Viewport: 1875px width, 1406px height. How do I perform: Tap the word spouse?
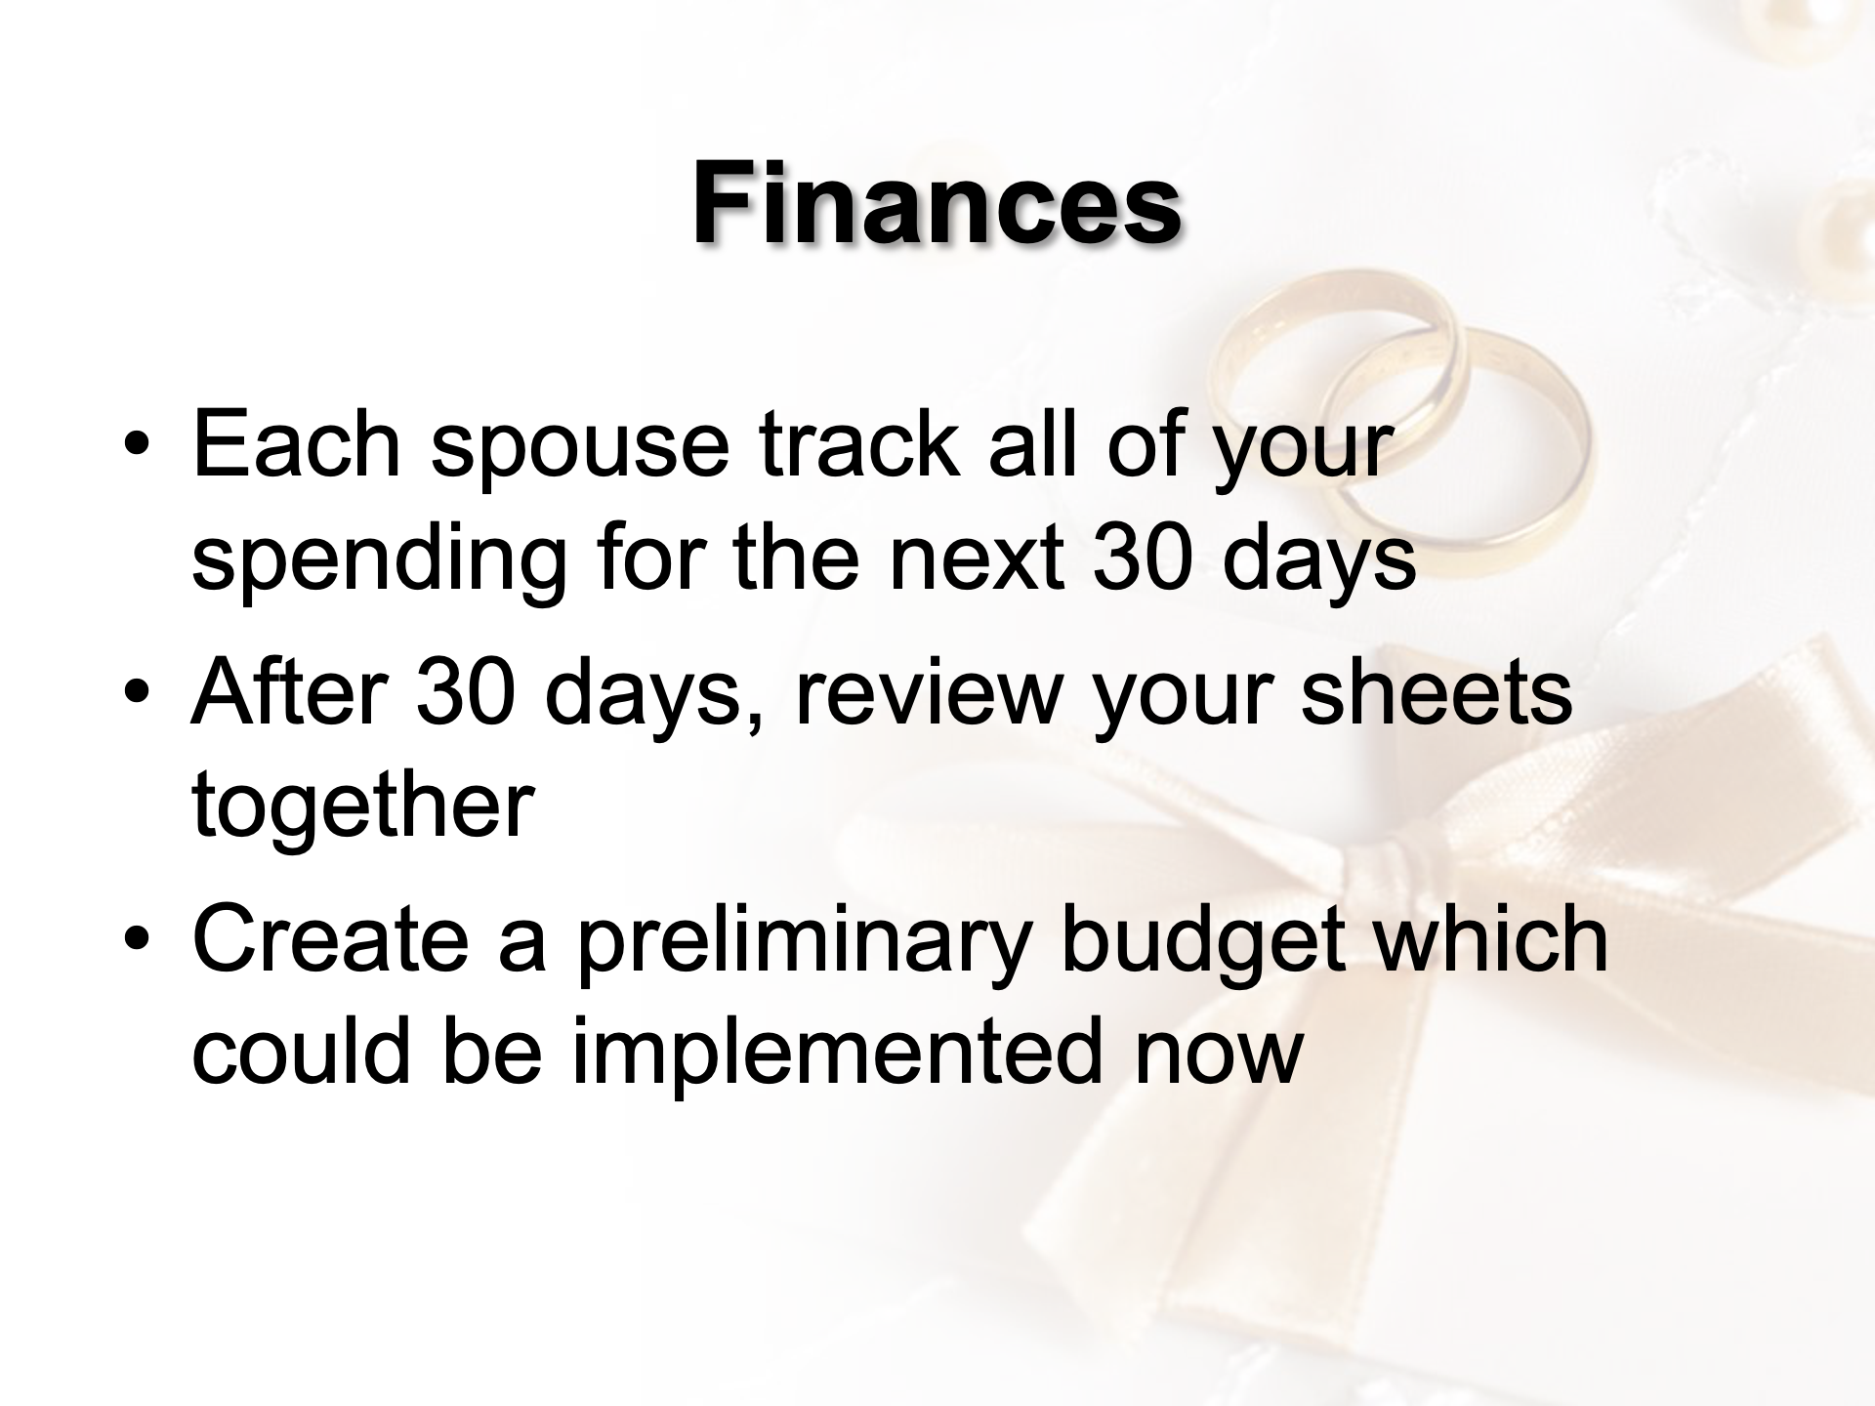(580, 455)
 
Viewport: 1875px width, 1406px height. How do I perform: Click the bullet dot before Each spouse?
(138, 447)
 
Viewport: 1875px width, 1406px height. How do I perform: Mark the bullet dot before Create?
(138, 942)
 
